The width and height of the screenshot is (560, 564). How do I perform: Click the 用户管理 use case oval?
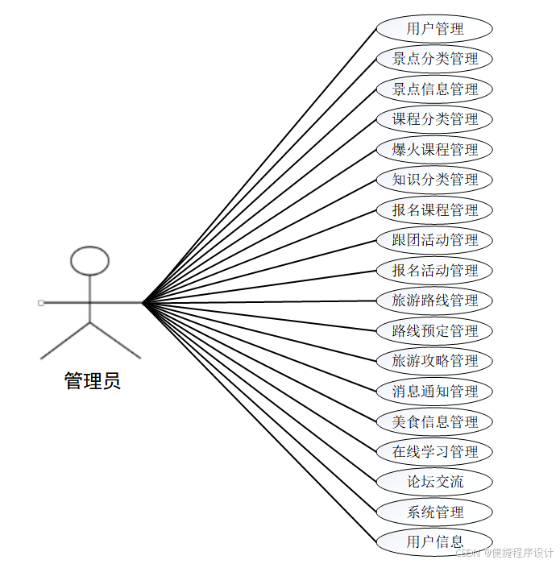tap(434, 29)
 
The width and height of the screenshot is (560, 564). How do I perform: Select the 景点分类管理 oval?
tap(434, 59)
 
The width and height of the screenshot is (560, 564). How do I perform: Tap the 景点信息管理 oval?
tap(434, 89)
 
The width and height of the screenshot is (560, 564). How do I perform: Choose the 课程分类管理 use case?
tap(434, 119)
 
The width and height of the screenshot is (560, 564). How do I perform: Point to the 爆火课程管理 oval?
tap(434, 150)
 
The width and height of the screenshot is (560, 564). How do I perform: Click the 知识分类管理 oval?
tap(434, 180)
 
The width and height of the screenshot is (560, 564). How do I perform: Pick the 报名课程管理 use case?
tap(434, 210)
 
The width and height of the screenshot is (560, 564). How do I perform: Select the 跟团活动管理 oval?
tap(434, 240)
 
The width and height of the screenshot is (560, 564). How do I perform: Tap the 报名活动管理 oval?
tap(434, 271)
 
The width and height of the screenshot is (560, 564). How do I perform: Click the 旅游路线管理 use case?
tap(434, 301)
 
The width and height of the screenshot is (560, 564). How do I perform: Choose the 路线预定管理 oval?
tap(434, 331)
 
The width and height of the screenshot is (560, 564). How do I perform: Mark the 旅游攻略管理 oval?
tap(434, 361)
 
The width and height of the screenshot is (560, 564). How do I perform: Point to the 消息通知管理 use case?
tap(434, 392)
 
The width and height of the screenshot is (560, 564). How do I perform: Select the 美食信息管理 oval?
tap(434, 421)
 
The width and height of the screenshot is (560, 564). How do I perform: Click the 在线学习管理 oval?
tap(434, 452)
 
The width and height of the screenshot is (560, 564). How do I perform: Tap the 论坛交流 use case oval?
tap(434, 482)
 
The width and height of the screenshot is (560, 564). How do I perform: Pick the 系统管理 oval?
tap(434, 512)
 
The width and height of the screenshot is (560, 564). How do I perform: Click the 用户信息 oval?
tap(434, 541)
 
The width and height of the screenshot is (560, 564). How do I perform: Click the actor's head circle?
tap(89, 259)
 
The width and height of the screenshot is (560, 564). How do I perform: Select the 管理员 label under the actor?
tap(93, 381)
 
